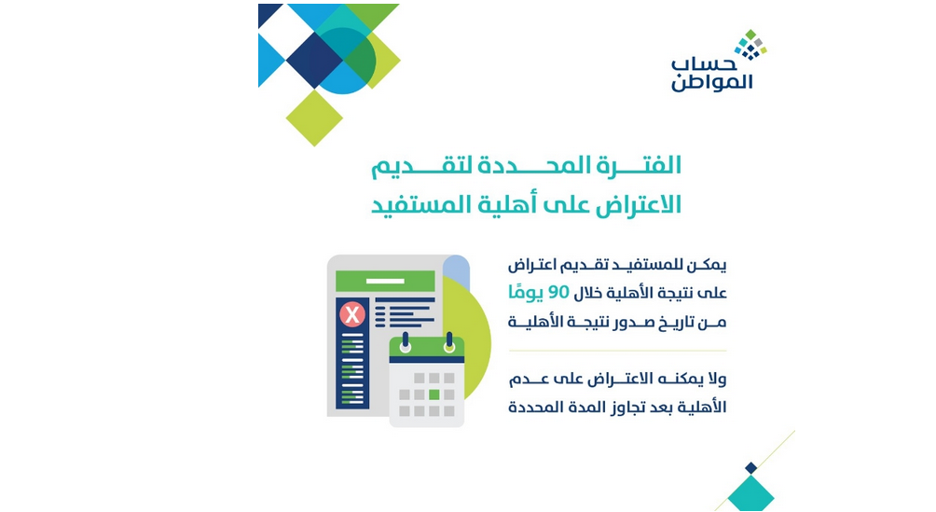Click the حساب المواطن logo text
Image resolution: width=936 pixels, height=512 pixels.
pos(711,75)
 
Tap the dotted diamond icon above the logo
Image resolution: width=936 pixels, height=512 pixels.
pos(750,45)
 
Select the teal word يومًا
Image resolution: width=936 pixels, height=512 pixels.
pos(526,292)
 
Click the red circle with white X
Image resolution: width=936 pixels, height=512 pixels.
pos(352,314)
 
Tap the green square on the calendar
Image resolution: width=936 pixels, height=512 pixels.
pos(434,394)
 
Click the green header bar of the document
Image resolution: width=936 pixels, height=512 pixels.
pos(385,281)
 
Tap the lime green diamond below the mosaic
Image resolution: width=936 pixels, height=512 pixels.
pos(314,118)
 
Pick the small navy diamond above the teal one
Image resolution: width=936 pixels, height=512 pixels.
pos(751,468)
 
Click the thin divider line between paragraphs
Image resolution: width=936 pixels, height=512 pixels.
pos(617,351)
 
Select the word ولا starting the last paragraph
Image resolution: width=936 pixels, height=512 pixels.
pos(715,379)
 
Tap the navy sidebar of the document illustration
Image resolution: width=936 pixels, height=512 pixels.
pos(352,353)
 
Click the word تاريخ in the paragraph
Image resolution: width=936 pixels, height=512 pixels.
pos(657,323)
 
